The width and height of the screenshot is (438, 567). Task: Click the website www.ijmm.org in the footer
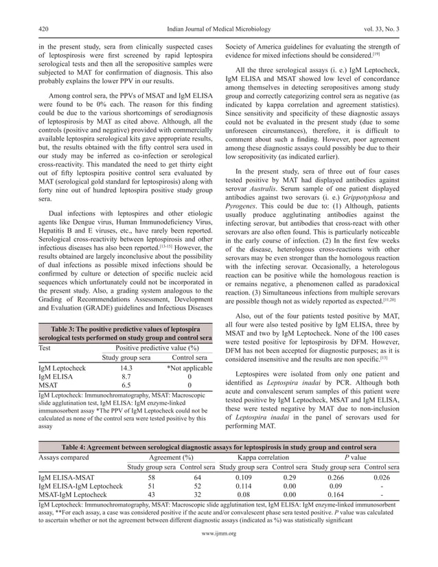coord(219,552)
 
